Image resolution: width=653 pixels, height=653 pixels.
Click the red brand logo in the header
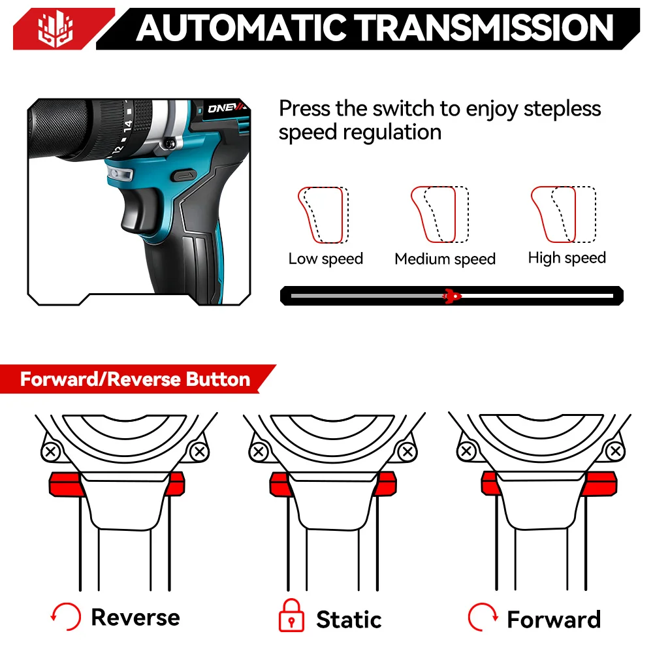point(56,29)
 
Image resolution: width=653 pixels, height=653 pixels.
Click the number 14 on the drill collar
point(127,125)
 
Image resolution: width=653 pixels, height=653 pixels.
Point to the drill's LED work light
point(119,173)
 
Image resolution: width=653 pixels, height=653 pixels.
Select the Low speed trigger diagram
point(323,215)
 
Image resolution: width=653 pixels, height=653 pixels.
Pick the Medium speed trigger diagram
point(439,214)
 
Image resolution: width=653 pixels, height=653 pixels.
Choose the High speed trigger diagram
point(564,214)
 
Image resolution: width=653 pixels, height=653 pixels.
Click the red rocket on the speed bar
point(451,296)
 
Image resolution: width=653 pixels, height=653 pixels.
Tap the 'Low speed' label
point(326,259)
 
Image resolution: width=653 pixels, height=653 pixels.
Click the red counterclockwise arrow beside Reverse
point(65,617)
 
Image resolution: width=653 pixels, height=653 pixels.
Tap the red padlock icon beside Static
point(291,616)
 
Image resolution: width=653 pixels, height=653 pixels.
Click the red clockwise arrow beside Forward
point(483,617)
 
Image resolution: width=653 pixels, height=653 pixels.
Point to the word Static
point(349,619)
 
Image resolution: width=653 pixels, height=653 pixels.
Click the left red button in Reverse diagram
point(65,484)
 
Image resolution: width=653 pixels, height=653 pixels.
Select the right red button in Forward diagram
point(599,483)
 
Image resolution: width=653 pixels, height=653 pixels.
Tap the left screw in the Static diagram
point(258,451)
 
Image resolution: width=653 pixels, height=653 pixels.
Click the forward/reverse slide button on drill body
point(183,175)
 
